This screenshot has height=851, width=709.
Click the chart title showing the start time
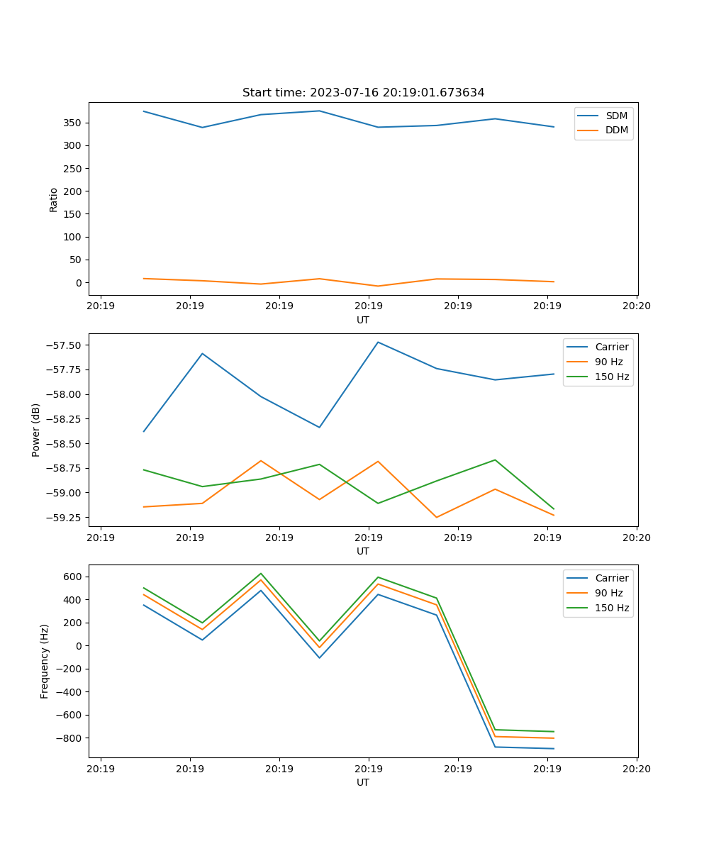coord(363,93)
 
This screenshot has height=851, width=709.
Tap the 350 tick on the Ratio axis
coord(74,123)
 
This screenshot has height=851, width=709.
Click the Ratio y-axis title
coord(53,199)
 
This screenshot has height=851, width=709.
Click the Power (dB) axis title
coord(35,430)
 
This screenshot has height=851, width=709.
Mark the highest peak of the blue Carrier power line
coord(378,342)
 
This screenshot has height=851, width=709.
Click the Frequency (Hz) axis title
coord(44,661)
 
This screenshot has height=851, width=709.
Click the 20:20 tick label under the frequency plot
coord(637,769)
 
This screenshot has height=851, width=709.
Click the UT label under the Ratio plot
coord(363,320)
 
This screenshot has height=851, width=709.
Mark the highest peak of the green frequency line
coord(261,573)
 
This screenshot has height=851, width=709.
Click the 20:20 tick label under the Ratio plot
coord(637,306)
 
